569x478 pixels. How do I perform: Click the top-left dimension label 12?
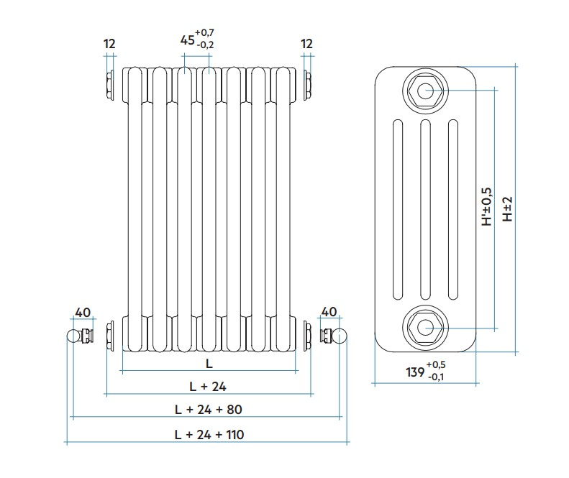click(109, 44)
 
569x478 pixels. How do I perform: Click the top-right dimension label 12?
click(307, 44)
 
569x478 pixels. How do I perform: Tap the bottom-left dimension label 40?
click(83, 312)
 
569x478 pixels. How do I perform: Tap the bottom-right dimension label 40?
click(328, 312)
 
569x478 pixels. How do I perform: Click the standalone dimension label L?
click(209, 363)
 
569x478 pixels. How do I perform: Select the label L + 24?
click(208, 386)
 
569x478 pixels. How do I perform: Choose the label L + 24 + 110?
click(209, 434)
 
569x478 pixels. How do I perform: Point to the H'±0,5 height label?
click(487, 208)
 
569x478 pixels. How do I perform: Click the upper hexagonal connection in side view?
click(424, 91)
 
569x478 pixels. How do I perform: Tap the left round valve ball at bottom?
click(73, 336)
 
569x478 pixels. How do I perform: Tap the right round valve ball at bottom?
click(341, 336)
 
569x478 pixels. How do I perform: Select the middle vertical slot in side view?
click(424, 208)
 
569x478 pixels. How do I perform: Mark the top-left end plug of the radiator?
click(109, 86)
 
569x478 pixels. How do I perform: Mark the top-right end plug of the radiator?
click(308, 86)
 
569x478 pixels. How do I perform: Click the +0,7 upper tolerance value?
click(205, 33)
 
